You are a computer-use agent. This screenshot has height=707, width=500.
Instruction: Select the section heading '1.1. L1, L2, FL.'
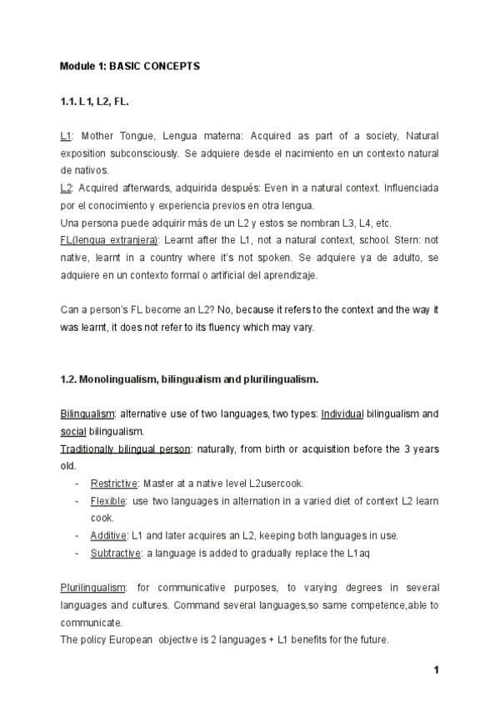click(95, 102)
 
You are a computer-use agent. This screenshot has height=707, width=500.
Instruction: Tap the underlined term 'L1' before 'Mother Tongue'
click(66, 134)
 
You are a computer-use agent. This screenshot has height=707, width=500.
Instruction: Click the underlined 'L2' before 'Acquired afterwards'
click(66, 187)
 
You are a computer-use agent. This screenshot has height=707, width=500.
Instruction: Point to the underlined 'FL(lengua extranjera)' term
click(108, 240)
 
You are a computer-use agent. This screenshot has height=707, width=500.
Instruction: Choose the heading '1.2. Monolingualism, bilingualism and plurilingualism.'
click(189, 379)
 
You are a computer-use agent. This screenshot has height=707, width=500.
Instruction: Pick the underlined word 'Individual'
click(342, 414)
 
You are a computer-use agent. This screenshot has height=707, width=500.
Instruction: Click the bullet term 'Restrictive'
click(115, 483)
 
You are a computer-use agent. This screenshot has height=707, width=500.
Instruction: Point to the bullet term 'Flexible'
click(107, 500)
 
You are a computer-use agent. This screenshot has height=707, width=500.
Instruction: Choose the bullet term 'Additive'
click(108, 535)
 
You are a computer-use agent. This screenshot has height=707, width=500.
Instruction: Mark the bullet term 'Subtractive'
click(114, 553)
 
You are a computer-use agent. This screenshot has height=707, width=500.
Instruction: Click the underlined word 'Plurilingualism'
click(92, 588)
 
